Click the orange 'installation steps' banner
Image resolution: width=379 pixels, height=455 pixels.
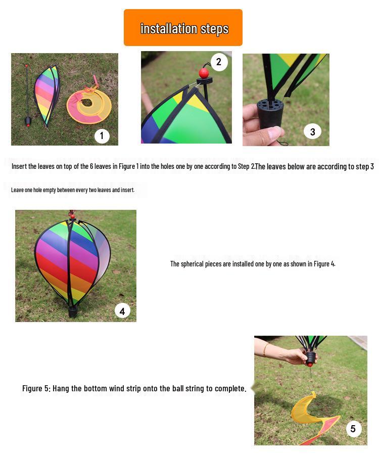(x=183, y=28)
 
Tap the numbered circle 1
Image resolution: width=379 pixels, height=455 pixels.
(x=102, y=135)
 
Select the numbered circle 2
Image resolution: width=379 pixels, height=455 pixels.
(x=219, y=62)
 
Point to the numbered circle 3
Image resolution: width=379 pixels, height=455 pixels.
(x=312, y=132)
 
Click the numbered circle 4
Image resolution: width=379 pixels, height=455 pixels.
(x=122, y=310)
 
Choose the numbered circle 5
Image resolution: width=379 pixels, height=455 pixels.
(x=353, y=429)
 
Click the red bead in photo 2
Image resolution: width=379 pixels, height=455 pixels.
(x=204, y=73)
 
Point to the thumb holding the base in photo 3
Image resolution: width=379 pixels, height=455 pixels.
(x=271, y=134)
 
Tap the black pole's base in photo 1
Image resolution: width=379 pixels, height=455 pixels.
(x=28, y=121)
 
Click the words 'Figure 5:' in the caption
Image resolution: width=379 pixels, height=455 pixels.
(x=36, y=388)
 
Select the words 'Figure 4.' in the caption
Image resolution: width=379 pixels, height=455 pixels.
(x=324, y=264)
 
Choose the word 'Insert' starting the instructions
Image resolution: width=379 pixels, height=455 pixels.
(x=20, y=166)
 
